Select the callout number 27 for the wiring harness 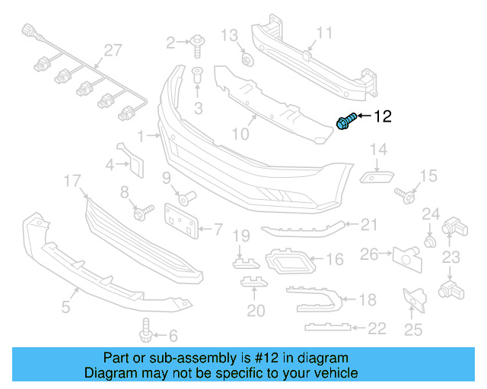pyautogui.click(x=113, y=50)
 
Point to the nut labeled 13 pyautogui.click(x=245, y=59)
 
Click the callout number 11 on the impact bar pyautogui.click(x=325, y=33)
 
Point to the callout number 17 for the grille pyautogui.click(x=72, y=181)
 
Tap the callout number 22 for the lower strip pyautogui.click(x=376, y=327)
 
